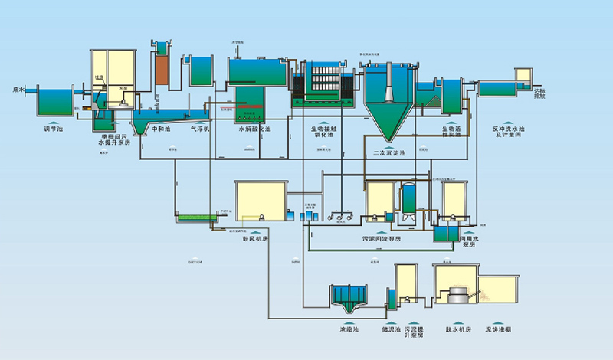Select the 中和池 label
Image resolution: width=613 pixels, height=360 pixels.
point(159,129)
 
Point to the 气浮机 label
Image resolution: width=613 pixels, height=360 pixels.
point(200,129)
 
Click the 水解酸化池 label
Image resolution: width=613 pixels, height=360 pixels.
point(254,129)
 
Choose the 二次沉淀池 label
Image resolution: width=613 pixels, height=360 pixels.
point(388,153)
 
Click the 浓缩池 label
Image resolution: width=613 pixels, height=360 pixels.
point(349,329)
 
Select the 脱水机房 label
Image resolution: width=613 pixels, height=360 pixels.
point(457,329)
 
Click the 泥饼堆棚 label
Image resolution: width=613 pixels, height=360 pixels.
point(498,329)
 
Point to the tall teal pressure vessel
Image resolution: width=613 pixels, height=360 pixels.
point(410,199)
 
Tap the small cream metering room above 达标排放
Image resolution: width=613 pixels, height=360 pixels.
point(523,76)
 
